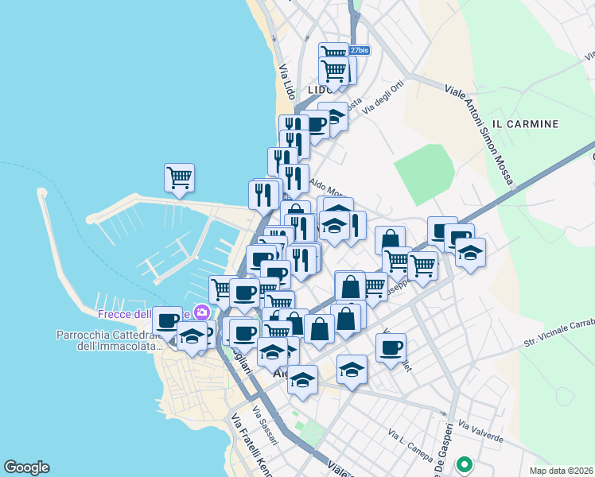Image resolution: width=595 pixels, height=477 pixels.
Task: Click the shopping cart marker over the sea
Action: (179, 177)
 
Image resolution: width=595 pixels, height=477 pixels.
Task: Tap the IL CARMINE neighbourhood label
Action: (525, 124)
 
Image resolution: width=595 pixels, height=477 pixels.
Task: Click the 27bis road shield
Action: (359, 50)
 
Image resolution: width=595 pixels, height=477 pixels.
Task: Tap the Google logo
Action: (26, 467)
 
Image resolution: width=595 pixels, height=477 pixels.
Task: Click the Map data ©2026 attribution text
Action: (561, 471)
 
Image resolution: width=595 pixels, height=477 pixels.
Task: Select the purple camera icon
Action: (202, 312)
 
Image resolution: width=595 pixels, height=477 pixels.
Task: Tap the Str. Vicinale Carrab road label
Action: (558, 334)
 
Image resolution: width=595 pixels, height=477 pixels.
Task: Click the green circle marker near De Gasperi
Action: (464, 463)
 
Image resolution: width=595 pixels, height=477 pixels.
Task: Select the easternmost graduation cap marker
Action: (470, 253)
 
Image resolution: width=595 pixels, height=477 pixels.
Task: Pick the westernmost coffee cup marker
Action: (167, 321)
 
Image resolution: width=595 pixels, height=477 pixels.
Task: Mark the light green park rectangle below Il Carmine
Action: (425, 174)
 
